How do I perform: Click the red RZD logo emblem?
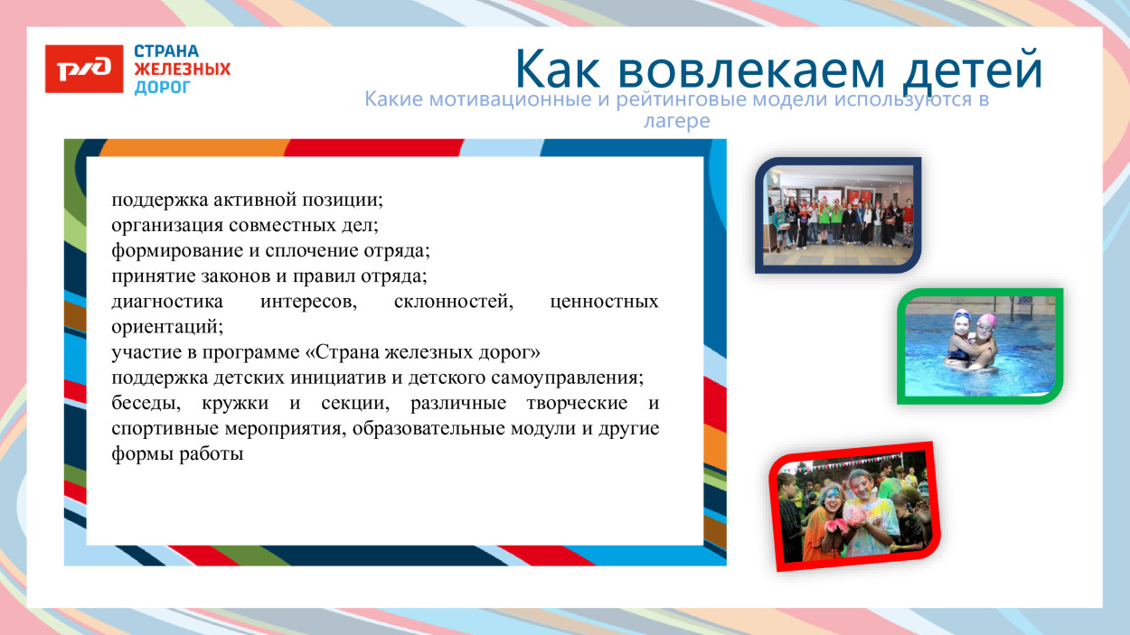(84, 69)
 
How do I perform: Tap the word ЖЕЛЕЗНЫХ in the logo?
(182, 70)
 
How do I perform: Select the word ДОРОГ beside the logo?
(163, 88)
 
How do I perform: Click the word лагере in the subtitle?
(676, 120)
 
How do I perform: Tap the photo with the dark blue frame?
(837, 215)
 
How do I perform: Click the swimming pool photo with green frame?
(980, 346)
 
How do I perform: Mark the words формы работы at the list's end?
(178, 454)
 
